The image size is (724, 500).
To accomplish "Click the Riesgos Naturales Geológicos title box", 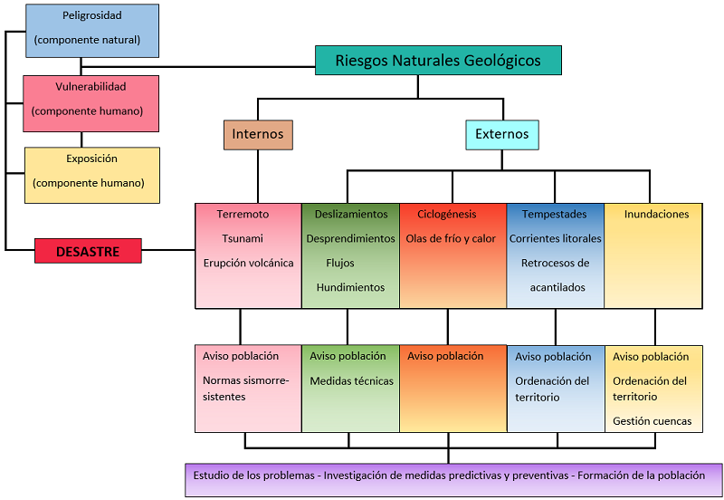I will coord(438,61).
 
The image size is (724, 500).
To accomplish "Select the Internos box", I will coord(258,135).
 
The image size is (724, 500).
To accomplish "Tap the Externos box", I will coord(501,135).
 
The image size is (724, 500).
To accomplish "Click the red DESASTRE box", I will coord(88,251).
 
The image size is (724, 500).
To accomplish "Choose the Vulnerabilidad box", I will coord(90,102).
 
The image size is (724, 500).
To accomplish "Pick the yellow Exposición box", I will coord(91,174).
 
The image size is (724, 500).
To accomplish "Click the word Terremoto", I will coord(243,215).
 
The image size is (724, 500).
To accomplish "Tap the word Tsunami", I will coord(243,239).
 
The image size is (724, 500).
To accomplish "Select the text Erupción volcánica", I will coord(247,264).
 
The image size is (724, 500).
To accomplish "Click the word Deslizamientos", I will coord(351,215).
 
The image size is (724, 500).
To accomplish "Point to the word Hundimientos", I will coord(350,288).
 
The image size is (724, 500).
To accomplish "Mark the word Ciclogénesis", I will coord(447,215).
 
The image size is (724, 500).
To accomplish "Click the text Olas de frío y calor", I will coord(451,239).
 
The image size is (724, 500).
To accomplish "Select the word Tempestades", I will coord(554,215).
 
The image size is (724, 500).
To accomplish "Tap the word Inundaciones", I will coord(656,215).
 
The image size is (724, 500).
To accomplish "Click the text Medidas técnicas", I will coord(351,381).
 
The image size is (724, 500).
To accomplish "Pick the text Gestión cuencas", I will coord(652,421).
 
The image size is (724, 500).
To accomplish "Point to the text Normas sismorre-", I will coord(245,381).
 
